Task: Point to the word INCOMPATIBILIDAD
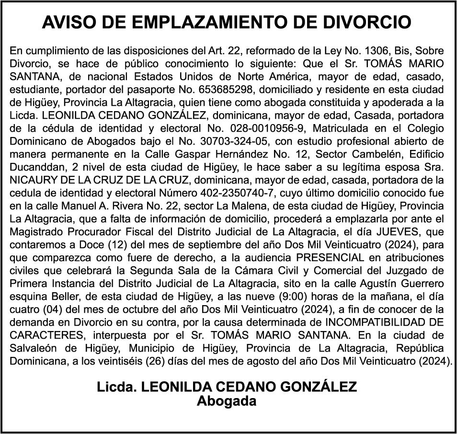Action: pos(373,322)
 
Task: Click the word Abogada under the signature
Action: pos(227,401)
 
